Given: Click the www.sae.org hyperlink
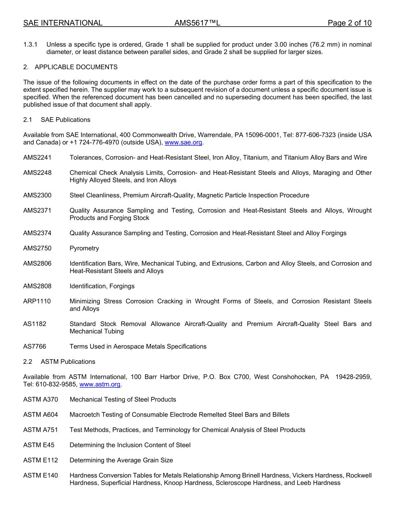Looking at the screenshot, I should click(x=183, y=142).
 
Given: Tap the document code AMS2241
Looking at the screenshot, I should click(x=37, y=157).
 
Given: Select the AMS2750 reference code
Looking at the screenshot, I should click(x=37, y=248).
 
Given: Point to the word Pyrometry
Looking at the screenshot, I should click(x=84, y=248).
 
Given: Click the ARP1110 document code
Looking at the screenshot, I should click(x=37, y=301).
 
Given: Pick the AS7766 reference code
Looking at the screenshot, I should click(x=35, y=346).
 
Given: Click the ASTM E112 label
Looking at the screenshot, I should click(x=41, y=460).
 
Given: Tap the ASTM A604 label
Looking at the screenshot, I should click(x=41, y=415).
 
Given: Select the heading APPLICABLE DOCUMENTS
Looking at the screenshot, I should click(x=76, y=67).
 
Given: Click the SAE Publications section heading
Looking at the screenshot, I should click(x=65, y=119).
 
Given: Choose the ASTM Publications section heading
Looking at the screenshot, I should click(x=68, y=361).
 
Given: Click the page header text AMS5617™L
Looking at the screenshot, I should click(x=197, y=23).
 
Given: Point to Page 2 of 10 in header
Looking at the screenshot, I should click(x=350, y=23).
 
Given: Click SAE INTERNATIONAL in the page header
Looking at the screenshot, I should click(x=63, y=23).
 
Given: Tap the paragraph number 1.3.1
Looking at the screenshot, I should click(x=30, y=44).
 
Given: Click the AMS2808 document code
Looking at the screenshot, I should click(x=37, y=286).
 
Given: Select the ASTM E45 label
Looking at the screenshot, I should click(x=39, y=445).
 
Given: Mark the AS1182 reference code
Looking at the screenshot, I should click(x=35, y=324).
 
